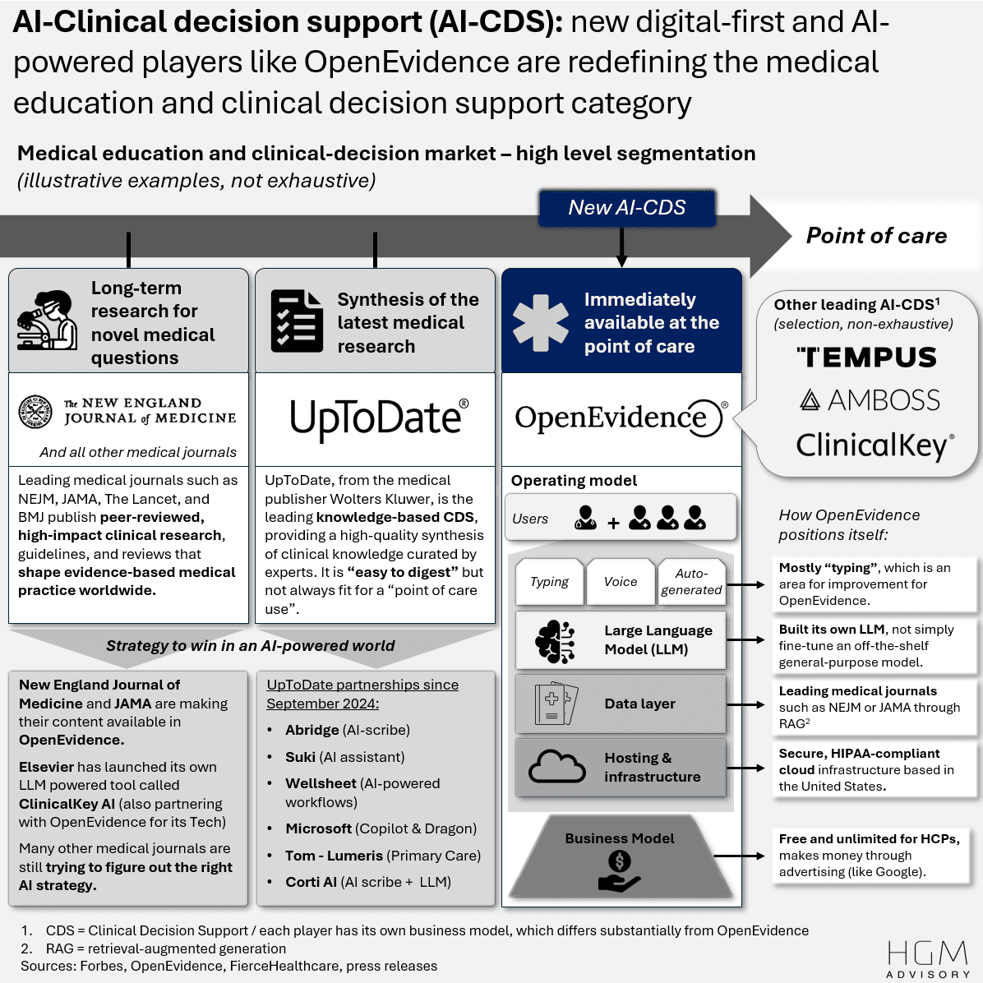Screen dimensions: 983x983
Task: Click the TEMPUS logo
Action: [866, 358]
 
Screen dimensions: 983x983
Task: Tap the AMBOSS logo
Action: [870, 400]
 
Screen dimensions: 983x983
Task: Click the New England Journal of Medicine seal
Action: [36, 411]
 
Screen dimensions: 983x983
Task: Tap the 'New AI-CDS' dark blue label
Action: [626, 208]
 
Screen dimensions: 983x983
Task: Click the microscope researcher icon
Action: [47, 321]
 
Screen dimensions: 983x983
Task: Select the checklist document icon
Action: [297, 321]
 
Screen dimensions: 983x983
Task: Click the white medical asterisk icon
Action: [540, 322]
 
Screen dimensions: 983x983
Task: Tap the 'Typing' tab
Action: [549, 582]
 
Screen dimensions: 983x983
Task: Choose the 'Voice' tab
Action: [621, 582]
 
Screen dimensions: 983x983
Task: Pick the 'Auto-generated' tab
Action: [691, 582]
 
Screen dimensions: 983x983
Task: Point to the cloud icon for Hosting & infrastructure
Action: [556, 767]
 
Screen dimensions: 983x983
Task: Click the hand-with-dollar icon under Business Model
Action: [619, 871]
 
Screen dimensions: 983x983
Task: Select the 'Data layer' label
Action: [639, 704]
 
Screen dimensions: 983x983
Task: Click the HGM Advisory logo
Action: [928, 959]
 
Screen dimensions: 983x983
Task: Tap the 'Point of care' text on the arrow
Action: [876, 236]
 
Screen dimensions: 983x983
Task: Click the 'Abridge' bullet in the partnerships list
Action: [312, 730]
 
